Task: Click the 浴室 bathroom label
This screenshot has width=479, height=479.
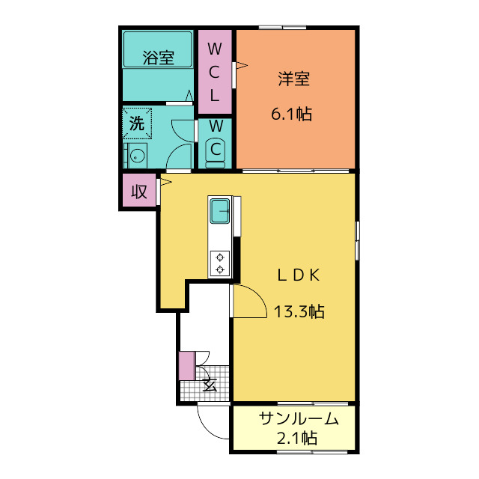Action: [158, 57]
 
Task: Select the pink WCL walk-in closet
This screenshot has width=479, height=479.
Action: [215, 72]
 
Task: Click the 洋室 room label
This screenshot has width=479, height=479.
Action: [293, 79]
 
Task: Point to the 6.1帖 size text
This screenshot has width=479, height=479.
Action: [291, 115]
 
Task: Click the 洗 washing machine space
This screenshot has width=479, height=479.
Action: [137, 123]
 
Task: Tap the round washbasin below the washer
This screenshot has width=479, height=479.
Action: [136, 156]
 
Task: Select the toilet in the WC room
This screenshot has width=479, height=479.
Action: [216, 152]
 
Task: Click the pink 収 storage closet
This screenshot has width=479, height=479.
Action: [139, 192]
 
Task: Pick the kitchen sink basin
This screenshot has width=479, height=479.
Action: [220, 211]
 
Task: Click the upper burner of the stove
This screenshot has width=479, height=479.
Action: [220, 257]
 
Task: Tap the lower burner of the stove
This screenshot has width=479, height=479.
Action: [220, 269]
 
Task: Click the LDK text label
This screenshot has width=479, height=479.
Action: [299, 275]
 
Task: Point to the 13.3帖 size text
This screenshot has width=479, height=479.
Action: [299, 311]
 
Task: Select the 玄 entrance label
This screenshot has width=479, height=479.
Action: [210, 385]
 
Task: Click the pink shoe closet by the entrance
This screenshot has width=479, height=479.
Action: [187, 366]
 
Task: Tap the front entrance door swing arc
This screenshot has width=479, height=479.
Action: [206, 427]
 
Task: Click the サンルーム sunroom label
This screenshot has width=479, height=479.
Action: [299, 419]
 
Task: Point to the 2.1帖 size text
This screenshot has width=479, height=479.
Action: [296, 438]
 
